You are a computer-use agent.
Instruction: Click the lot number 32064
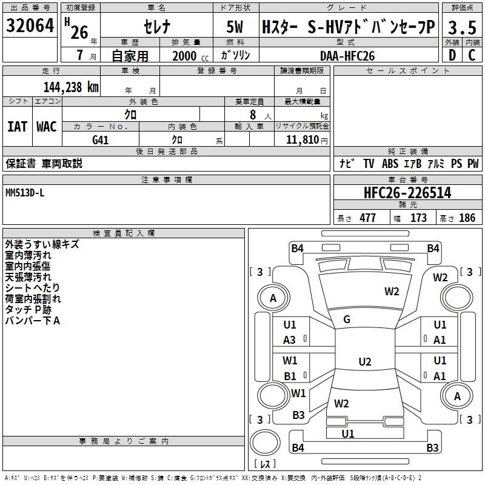click(x=30, y=26)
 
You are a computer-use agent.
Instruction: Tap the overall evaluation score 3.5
click(x=462, y=27)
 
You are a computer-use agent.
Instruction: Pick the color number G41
click(x=101, y=139)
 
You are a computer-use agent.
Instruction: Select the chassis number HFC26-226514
click(x=407, y=193)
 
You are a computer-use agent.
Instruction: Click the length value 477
click(x=367, y=218)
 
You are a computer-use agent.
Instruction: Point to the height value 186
click(x=467, y=218)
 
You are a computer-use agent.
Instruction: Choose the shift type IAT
click(x=17, y=127)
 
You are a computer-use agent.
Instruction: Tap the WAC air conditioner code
click(x=46, y=127)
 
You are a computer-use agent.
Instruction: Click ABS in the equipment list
click(x=390, y=164)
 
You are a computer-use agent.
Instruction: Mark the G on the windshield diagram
click(x=347, y=319)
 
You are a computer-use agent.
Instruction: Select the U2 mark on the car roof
click(x=364, y=362)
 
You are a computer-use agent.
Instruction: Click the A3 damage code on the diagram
click(x=290, y=340)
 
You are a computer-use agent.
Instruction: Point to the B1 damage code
click(x=290, y=376)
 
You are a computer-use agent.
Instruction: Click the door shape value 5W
click(x=236, y=27)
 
